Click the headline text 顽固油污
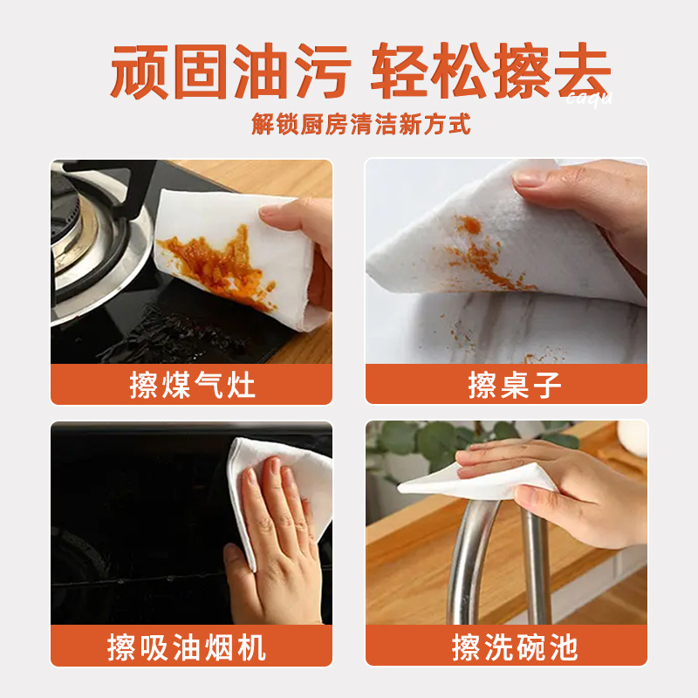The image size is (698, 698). coord(231,71)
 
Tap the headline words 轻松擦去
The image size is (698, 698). coord(491,71)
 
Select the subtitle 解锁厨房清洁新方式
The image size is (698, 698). coord(361,124)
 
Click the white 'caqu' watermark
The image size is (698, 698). coord(590,98)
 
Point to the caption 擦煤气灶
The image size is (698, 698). coord(192,385)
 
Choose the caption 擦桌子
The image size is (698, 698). coord(515,385)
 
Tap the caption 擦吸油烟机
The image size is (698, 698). coord(187,647)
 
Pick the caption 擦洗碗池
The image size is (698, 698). coord(515,647)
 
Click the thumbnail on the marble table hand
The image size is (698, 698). coord(528,179)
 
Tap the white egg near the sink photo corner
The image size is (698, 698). coord(633,438)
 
